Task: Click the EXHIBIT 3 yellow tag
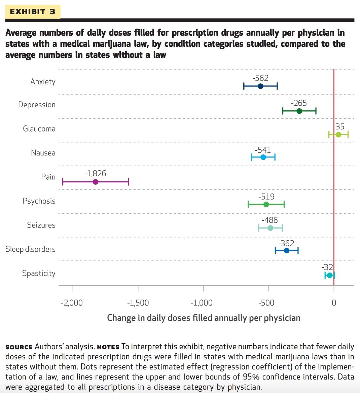[x=33, y=12]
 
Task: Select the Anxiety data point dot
[x=260, y=86]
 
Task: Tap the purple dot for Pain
[x=96, y=182]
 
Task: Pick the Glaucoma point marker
[x=338, y=135]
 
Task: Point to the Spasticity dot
[x=330, y=275]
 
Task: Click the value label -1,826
[x=95, y=174]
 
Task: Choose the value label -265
[x=299, y=103]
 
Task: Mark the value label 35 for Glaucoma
[x=340, y=127]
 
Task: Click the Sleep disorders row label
[x=30, y=249]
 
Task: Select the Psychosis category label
[x=39, y=201]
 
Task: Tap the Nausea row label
[x=43, y=153]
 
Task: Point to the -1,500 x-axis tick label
[x=138, y=303]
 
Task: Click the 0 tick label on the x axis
[x=334, y=303]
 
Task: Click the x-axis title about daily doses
[x=204, y=318]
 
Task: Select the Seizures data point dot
[x=270, y=228]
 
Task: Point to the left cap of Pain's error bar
[x=63, y=182]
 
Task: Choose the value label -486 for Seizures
[x=270, y=220]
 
